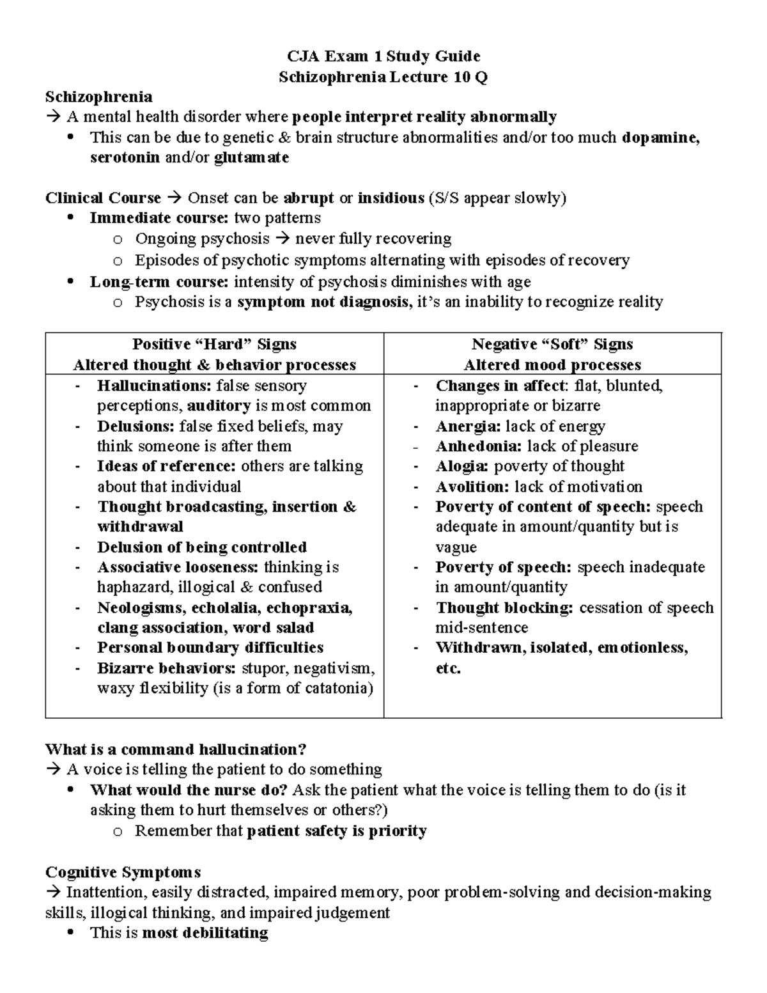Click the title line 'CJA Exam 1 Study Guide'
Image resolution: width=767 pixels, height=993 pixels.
point(383,56)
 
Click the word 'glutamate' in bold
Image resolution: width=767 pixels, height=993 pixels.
point(251,158)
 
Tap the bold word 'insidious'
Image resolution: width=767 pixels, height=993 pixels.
point(391,198)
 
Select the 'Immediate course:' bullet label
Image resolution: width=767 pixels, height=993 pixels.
point(159,218)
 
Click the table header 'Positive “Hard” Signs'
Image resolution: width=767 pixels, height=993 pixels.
point(214,345)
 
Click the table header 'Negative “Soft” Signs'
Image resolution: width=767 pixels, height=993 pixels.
point(552,345)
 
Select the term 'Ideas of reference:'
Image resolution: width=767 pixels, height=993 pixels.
point(166,466)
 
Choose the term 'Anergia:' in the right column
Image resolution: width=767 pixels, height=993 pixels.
point(467,426)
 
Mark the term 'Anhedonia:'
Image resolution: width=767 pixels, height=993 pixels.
point(478,446)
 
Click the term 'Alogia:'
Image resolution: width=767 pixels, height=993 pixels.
point(462,466)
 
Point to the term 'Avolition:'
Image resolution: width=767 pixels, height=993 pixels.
point(472,487)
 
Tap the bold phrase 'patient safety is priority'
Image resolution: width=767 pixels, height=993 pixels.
point(336,831)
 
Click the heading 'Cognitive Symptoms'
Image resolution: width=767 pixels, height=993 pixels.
point(123,872)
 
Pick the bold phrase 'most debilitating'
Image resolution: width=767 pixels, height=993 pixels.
point(205,933)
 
